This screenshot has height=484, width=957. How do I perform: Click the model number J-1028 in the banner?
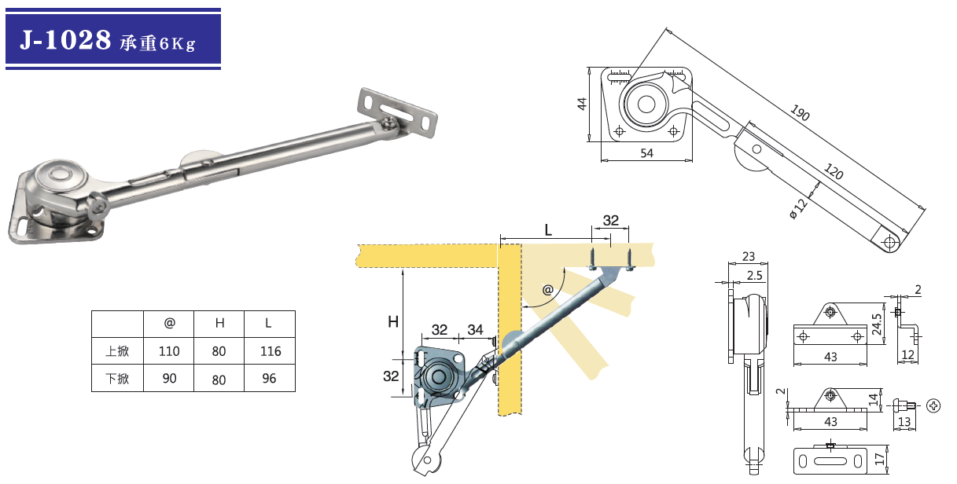tap(65, 40)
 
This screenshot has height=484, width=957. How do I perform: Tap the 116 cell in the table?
tap(271, 351)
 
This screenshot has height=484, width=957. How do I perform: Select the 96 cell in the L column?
tap(269, 378)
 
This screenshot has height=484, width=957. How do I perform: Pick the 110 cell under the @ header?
tap(169, 351)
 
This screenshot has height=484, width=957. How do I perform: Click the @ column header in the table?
tap(170, 323)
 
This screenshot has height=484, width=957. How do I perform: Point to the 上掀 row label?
tap(117, 351)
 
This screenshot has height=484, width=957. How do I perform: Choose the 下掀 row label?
tap(117, 379)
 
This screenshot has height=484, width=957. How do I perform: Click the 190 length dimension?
tap(800, 112)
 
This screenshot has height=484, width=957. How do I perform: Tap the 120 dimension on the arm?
tap(834, 171)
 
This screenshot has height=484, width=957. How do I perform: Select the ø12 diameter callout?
tap(798, 209)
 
